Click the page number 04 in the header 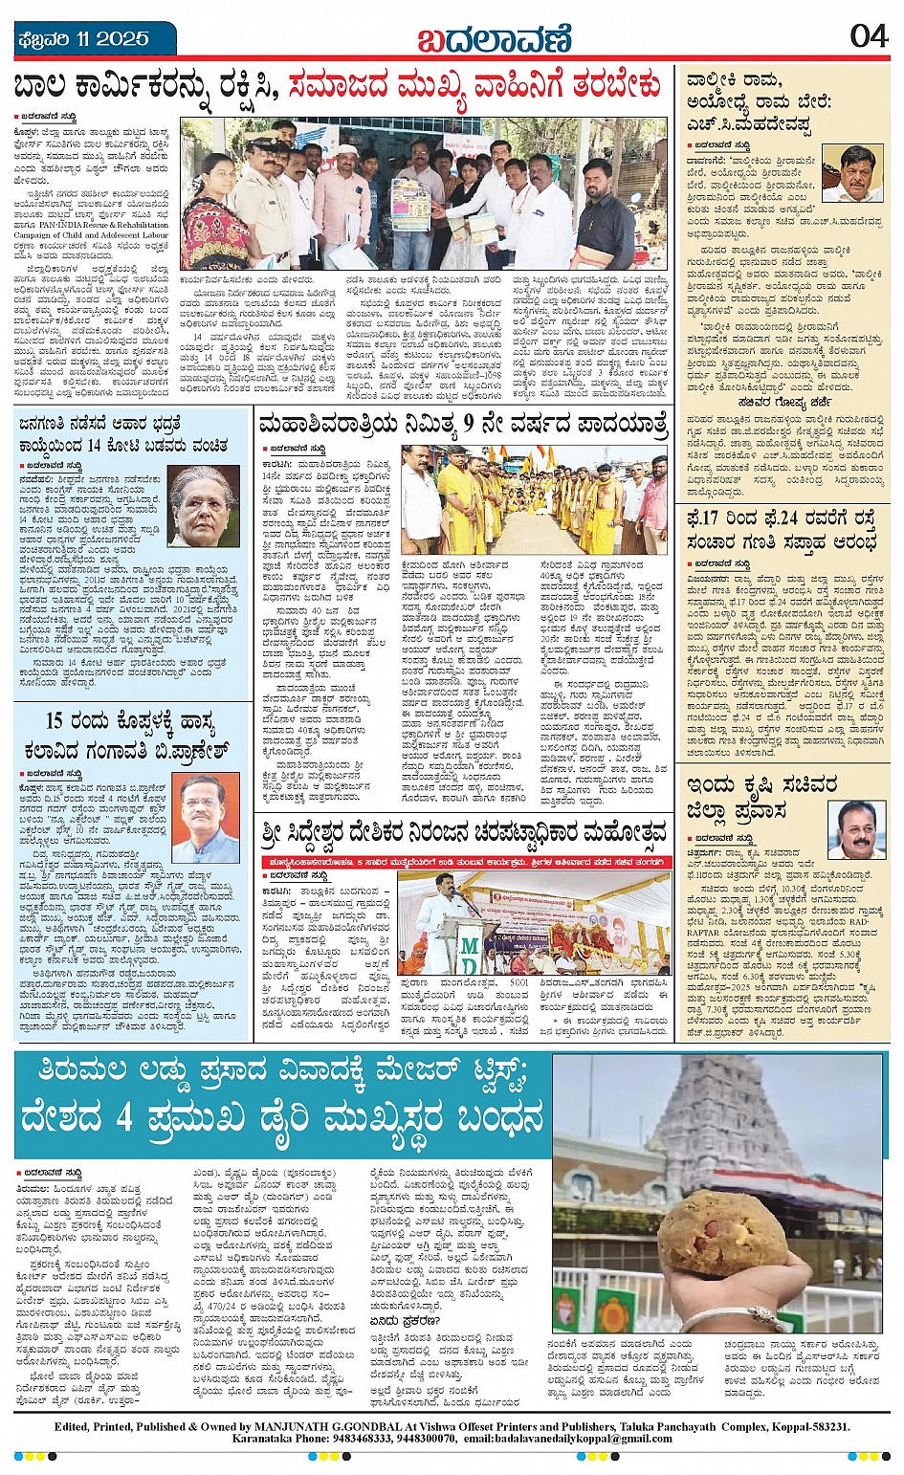click(x=869, y=36)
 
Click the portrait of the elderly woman click(x=204, y=505)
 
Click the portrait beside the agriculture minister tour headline click(x=854, y=829)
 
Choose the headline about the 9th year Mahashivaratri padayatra click(x=462, y=424)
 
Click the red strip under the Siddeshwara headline click(x=462, y=858)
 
